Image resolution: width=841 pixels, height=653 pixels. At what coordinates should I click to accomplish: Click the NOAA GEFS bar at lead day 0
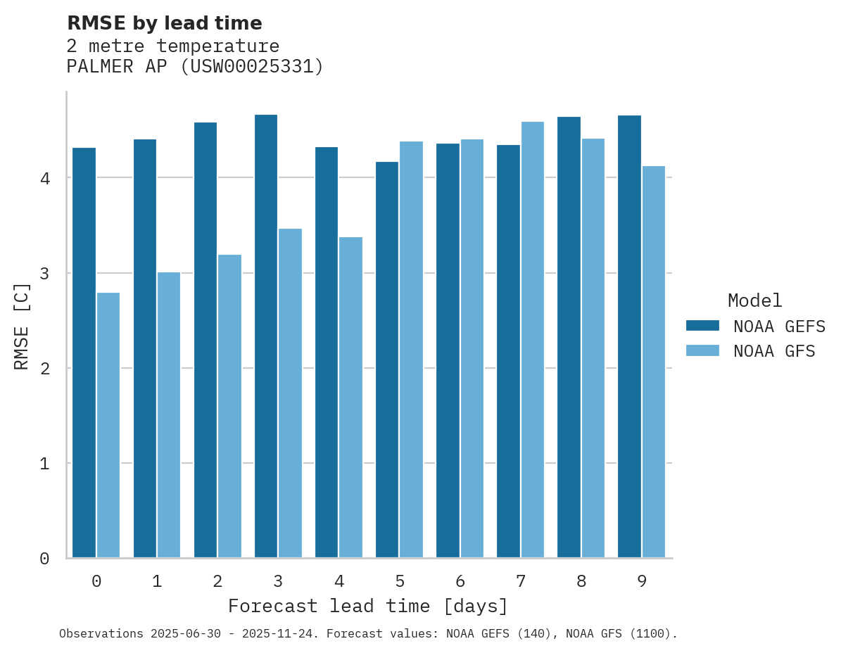point(84,353)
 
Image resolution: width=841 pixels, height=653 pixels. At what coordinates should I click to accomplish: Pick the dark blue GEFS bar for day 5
point(387,360)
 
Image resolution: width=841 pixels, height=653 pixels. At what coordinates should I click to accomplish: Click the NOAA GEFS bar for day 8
point(569,337)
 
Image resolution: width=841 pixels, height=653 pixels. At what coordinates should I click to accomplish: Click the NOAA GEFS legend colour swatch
point(702,326)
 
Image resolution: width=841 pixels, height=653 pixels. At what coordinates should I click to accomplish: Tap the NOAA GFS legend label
point(774,351)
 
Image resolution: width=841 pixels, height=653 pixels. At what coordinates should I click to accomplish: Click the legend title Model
point(754,300)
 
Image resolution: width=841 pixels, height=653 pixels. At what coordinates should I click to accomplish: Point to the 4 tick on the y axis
point(44,178)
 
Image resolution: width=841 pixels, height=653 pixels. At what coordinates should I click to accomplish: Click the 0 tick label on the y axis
point(44,559)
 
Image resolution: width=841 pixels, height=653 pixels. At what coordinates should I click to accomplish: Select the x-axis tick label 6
point(460,582)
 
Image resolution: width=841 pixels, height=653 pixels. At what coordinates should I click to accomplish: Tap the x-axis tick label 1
point(157,582)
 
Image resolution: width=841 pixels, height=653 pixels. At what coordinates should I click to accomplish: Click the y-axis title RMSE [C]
point(22,326)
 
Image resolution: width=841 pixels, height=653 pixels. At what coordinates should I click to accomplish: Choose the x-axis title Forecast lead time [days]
point(367,606)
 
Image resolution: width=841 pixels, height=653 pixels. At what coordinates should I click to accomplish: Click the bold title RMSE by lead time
point(165,23)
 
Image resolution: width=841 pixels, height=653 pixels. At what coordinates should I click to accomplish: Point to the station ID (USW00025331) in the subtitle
point(252,67)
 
